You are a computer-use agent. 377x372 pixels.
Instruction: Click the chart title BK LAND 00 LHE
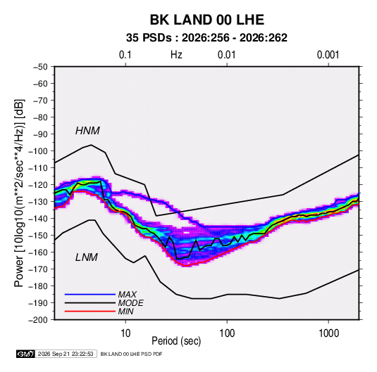[x=207, y=20]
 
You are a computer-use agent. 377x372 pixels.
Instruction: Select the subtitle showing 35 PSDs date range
[x=206, y=38]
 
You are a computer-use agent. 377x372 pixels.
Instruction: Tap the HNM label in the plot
[x=87, y=131]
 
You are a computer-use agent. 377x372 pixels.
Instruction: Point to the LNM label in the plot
[x=87, y=257]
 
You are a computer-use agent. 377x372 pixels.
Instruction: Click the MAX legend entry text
[x=128, y=295]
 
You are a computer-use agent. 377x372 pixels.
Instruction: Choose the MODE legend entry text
[x=131, y=303]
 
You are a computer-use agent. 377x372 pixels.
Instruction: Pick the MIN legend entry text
[x=125, y=312]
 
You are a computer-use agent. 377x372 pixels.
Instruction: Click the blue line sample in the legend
[x=90, y=295]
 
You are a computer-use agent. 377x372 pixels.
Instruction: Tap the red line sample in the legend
[x=90, y=312]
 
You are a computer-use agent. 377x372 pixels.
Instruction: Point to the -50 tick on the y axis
[x=40, y=67]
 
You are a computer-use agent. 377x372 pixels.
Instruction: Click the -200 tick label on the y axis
[x=38, y=320]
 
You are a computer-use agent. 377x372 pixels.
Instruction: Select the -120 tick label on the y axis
[x=38, y=185]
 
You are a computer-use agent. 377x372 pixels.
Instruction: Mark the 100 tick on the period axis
[x=227, y=333]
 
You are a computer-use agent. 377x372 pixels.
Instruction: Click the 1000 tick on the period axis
[x=328, y=333]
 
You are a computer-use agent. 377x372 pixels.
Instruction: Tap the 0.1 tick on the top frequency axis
[x=125, y=55]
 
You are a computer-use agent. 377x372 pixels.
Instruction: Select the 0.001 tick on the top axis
[x=328, y=55]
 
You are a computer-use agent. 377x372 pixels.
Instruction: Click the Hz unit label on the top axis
[x=176, y=55]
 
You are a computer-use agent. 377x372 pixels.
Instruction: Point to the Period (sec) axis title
[x=176, y=341]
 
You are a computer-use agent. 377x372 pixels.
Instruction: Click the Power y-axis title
[x=19, y=193]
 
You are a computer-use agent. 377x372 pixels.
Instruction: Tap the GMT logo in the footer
[x=25, y=354]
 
